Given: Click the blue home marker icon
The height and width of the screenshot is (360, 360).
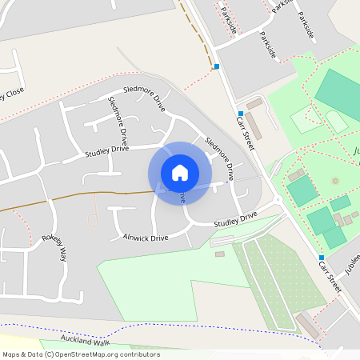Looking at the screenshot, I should pos(180,172).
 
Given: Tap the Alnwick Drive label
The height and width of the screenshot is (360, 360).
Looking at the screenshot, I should pos(146,238).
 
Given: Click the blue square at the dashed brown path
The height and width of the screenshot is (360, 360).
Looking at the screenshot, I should pos(216,66).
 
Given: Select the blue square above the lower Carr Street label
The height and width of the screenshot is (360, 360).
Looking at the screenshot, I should pos(322,257).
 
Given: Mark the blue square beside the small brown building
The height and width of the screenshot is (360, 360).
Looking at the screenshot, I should pos(240,114).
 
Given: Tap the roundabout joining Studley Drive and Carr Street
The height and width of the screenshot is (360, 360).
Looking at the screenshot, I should pos(277,201).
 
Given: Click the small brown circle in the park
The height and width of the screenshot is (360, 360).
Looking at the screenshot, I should pos(335,181).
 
